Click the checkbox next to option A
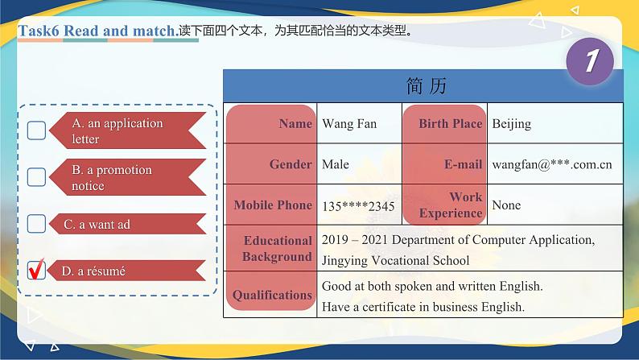(36, 130)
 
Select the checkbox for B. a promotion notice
(36, 176)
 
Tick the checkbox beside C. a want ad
(36, 223)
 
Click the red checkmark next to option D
(36, 271)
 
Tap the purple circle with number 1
(590, 61)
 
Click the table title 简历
(427, 85)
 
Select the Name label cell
(271, 123)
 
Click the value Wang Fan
(349, 124)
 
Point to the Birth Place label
(449, 123)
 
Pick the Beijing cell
(511, 124)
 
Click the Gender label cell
(271, 163)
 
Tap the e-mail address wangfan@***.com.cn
(551, 164)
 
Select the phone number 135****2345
(358, 206)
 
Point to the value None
(506, 205)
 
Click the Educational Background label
(271, 248)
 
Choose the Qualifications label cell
(271, 295)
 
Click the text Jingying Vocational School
(395, 260)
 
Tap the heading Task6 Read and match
(97, 31)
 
